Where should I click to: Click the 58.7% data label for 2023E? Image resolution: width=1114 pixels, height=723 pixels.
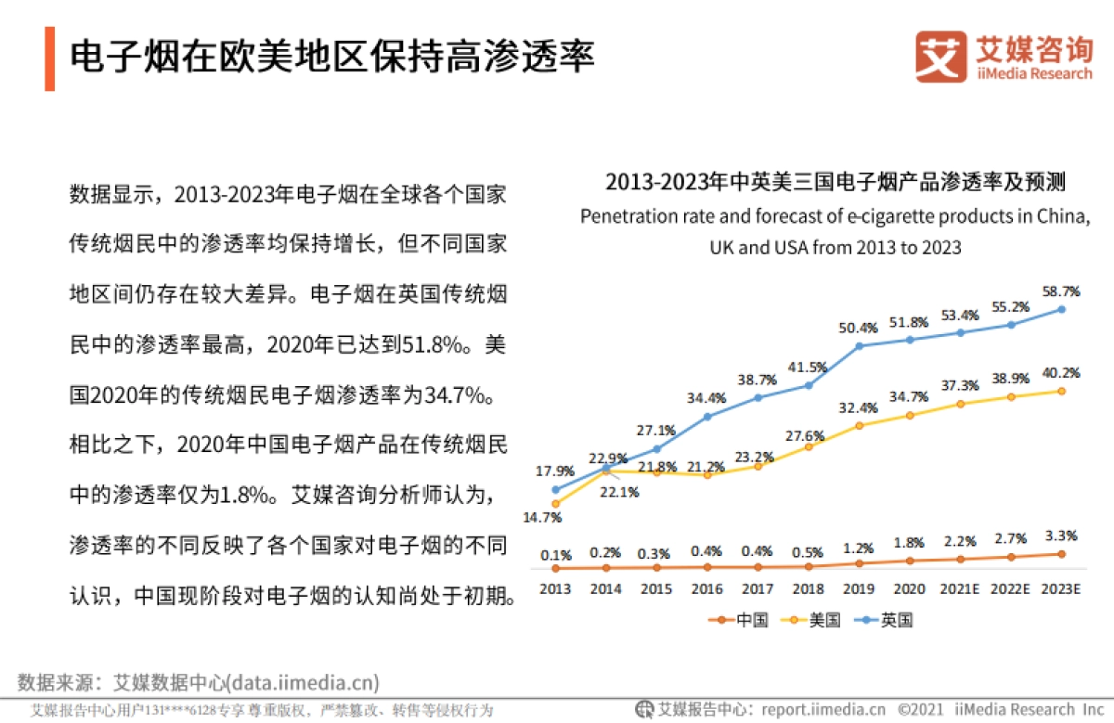pos(1061,290)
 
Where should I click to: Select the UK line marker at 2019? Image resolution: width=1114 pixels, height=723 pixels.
pos(859,346)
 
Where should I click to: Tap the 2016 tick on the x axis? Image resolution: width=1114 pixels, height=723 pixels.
pos(706,589)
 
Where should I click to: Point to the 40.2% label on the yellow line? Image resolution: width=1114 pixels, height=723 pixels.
pos(1061,372)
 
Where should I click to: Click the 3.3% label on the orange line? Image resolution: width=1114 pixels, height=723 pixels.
pos(1061,536)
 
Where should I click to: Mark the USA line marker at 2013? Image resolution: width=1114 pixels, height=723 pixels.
pos(555,504)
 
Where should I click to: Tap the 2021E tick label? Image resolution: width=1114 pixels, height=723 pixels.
pos(960,589)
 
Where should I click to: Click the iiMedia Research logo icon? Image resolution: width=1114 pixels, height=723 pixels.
pos(940,57)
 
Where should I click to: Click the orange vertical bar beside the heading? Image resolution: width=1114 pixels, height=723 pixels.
pos(49,58)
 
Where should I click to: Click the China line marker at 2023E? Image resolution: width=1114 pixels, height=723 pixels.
pos(1061,554)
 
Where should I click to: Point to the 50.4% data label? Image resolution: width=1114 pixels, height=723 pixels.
pos(859,328)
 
